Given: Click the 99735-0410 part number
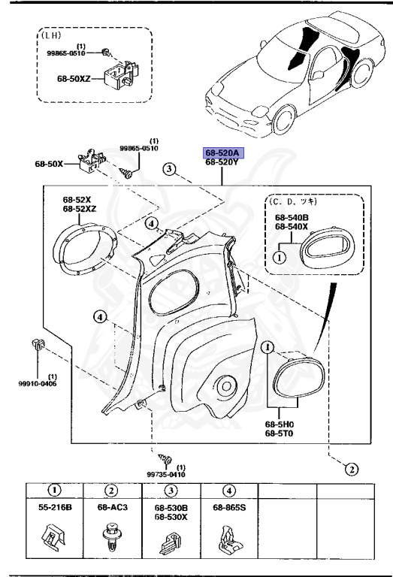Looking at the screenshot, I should click(x=166, y=475).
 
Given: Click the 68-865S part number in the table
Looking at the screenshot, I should click(x=229, y=509).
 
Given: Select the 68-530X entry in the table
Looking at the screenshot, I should click(x=171, y=517).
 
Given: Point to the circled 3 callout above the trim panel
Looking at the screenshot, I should click(x=171, y=170).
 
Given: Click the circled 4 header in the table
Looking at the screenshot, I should click(x=229, y=490).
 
